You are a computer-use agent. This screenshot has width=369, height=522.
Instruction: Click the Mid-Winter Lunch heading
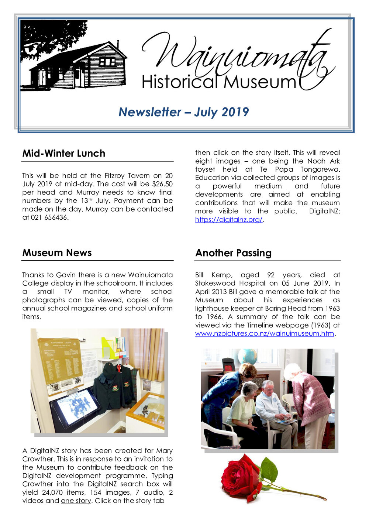point(63,154)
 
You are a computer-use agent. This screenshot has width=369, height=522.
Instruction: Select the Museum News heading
point(57,253)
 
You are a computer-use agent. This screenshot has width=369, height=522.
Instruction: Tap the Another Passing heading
point(233,253)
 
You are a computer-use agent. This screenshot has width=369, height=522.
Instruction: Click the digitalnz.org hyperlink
point(229,220)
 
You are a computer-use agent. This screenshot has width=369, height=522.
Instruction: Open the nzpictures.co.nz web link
point(265,334)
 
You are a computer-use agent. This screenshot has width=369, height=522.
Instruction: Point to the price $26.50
point(162,184)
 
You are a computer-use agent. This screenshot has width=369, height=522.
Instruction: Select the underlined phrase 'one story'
point(76,501)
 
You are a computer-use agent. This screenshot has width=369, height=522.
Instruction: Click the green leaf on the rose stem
point(269,470)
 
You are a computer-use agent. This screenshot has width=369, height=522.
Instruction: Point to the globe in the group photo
point(247,356)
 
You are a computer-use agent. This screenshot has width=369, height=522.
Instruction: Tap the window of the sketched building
point(107,62)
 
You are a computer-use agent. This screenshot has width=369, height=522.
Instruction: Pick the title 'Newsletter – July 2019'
point(183,112)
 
